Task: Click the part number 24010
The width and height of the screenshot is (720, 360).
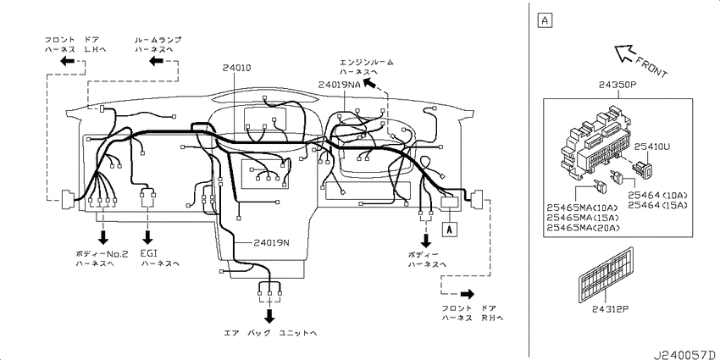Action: coord(236,68)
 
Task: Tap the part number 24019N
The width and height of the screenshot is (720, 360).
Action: coord(272,242)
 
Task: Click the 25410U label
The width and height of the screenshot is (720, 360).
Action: coord(652,147)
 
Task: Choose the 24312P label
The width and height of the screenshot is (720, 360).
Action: coord(610,308)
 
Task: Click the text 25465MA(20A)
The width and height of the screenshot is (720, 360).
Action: coord(583,228)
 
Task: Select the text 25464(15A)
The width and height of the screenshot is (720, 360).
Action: coord(657,205)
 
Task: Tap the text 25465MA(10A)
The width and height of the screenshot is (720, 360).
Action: coord(583,208)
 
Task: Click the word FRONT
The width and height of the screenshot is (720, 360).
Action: coord(651,67)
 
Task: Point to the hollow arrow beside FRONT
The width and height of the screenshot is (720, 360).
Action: coord(624,53)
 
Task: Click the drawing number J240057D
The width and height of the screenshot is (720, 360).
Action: coord(686,355)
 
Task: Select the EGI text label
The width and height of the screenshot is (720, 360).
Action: coord(148,253)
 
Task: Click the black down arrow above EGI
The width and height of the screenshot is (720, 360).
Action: coord(148,237)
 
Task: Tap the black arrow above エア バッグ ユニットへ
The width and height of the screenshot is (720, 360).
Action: coord(269,315)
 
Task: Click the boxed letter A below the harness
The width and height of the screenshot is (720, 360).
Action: coord(449,230)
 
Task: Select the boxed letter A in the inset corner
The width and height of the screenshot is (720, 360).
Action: coord(545,19)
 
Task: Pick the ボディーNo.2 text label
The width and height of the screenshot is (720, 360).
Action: coord(102,253)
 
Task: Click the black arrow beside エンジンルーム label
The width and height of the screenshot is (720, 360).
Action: coord(369,84)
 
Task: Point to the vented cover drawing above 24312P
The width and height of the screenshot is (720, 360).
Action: coord(606,274)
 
